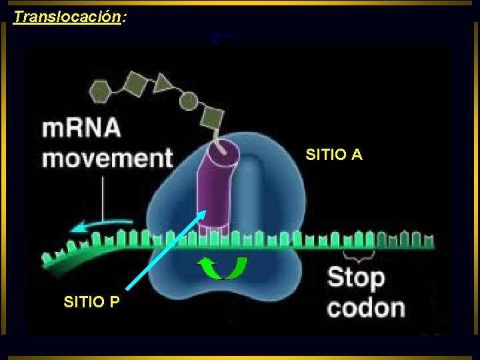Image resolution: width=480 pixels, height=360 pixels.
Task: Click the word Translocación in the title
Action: (x=67, y=17)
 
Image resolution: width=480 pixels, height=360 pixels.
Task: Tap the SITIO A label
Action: (x=334, y=155)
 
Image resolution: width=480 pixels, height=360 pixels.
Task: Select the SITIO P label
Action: (x=92, y=302)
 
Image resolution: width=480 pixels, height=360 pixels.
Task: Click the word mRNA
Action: (x=81, y=129)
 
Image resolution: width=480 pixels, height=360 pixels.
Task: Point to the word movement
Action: (x=107, y=159)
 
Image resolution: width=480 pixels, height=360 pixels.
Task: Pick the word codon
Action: (x=366, y=308)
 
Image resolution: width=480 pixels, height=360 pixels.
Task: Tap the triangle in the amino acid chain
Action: (x=162, y=83)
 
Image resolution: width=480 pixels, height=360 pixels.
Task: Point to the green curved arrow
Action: (x=223, y=268)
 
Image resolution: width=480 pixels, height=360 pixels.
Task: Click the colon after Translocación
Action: (x=124, y=17)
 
